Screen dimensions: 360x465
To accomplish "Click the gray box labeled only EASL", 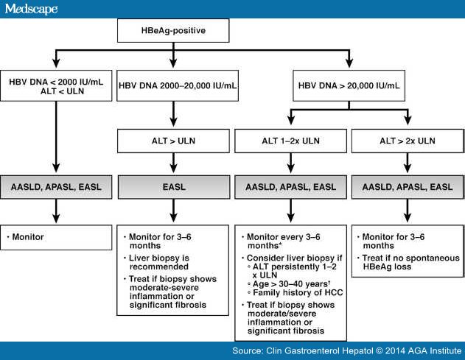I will [x=172, y=188].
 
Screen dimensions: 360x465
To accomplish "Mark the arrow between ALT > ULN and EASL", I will [x=172, y=164].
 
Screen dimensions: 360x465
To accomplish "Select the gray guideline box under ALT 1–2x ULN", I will [x=288, y=188].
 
